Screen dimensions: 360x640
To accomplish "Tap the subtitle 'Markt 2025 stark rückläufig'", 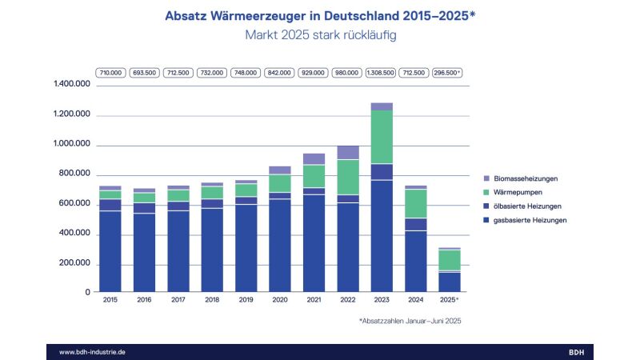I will coord(320,35).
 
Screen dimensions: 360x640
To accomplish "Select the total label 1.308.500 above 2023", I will coord(381,72).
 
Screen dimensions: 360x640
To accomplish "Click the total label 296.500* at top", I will coord(447,72).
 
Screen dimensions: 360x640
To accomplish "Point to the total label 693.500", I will coord(145,72).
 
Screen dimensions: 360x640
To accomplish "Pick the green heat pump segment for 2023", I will coord(382,137).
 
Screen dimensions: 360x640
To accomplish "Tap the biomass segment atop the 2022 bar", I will coord(348,152).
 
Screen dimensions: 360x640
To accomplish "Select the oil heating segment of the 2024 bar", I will coord(415,224).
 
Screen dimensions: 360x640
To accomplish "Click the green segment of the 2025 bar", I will coord(449,260).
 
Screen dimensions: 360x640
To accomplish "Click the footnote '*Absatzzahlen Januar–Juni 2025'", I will coord(410,321).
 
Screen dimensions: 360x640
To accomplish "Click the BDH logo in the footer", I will coord(576,352).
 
